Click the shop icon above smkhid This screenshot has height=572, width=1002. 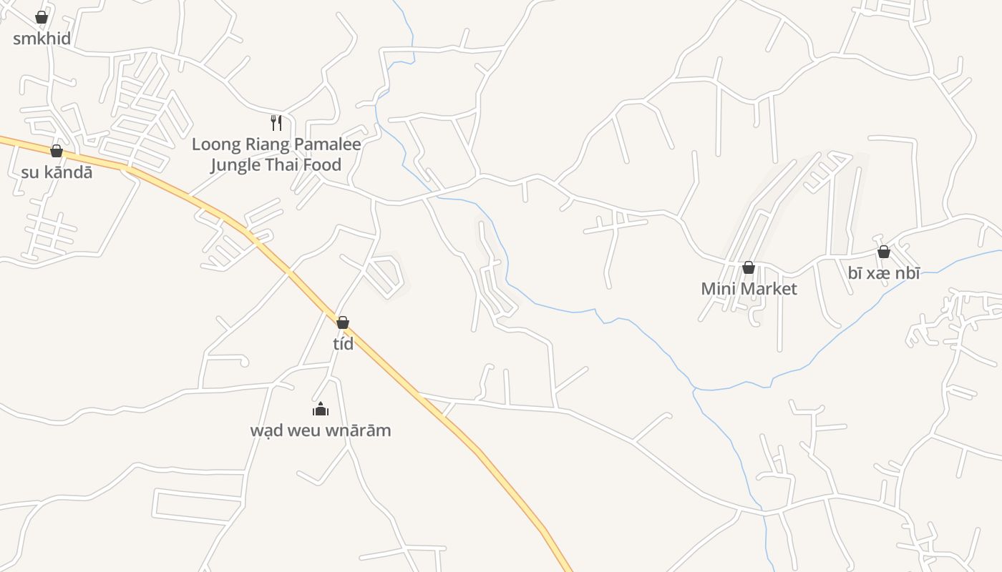tap(42, 17)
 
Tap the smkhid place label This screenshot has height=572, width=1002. tap(42, 39)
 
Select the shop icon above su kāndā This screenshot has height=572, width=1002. tap(57, 151)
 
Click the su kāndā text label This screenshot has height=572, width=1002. tap(57, 172)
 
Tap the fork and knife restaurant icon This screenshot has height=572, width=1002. tap(276, 123)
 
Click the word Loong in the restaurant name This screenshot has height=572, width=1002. tap(217, 144)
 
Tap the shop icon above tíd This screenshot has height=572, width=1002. tap(343, 322)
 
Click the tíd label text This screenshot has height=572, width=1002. tap(344, 344)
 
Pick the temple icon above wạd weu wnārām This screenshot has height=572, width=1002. tap(321, 409)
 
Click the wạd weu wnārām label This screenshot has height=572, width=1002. tap(321, 430)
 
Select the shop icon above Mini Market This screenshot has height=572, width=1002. tap(749, 267)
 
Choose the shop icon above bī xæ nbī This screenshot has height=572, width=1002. tap(884, 252)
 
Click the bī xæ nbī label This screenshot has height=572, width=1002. tap(884, 273)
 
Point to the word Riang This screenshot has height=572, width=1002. tap(268, 144)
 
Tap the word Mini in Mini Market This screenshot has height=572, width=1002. tap(717, 289)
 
